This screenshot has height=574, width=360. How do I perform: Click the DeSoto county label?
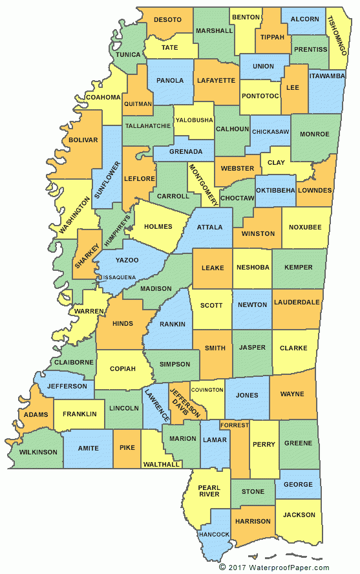[x=167, y=20]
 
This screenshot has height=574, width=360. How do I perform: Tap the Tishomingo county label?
[x=340, y=33]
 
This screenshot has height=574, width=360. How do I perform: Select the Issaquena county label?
[x=117, y=277]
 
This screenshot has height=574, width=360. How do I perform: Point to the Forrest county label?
[x=234, y=425]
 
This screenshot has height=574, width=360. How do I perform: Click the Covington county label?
[x=207, y=390]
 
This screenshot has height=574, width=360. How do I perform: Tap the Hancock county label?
[x=214, y=535]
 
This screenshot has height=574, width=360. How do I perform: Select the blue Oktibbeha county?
[x=275, y=190]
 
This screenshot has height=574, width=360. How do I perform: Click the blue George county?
[x=298, y=484]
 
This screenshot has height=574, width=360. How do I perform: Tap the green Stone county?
[x=253, y=492]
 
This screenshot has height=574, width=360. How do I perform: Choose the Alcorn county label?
[x=304, y=19]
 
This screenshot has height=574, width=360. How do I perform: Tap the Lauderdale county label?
[x=297, y=302]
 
